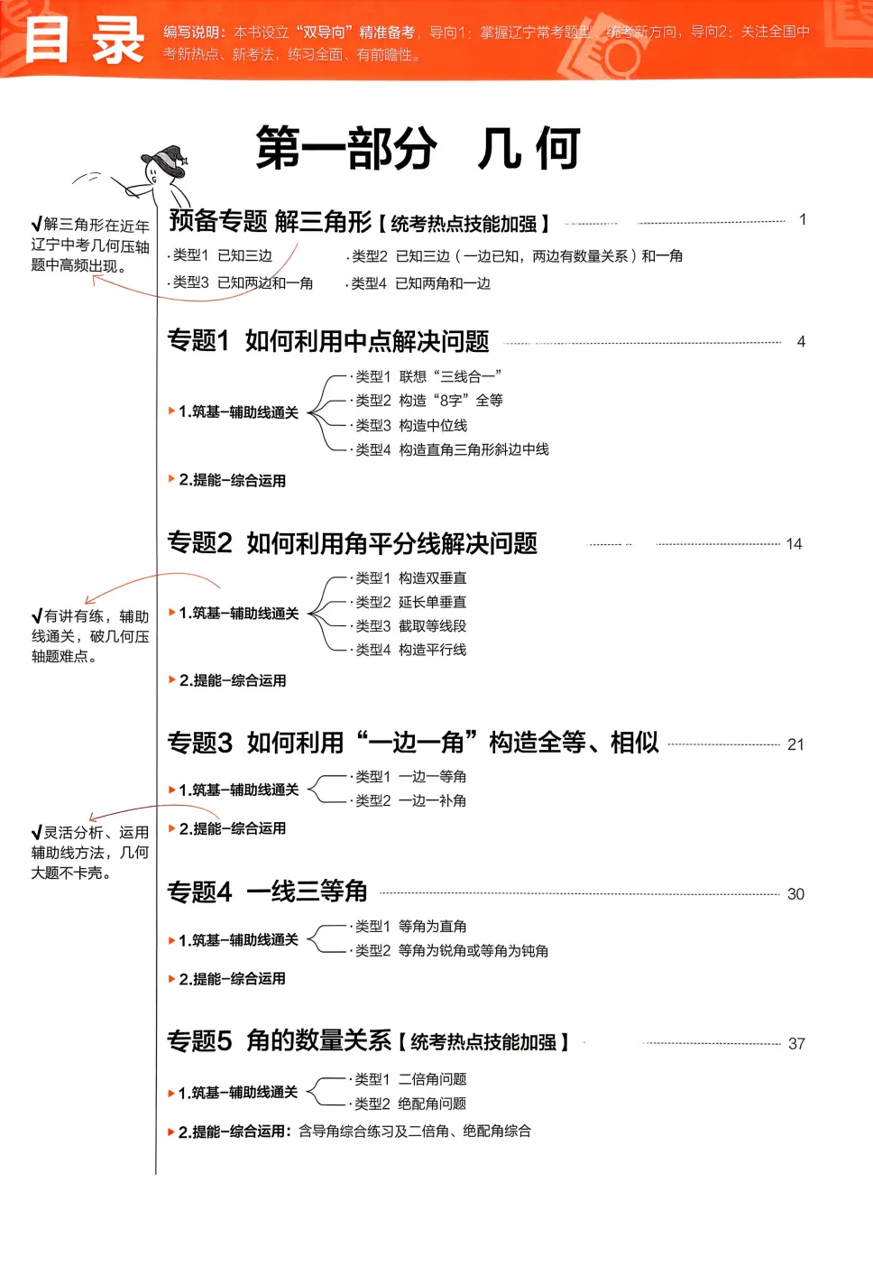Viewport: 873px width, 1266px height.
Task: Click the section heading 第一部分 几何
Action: [418, 149]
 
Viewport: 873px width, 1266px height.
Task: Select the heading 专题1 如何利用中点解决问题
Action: [328, 341]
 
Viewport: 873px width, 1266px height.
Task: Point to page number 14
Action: [794, 544]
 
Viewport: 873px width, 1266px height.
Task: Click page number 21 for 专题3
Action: [795, 744]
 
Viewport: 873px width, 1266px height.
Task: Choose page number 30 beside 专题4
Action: [795, 894]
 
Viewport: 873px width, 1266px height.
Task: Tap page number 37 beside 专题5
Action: [796, 1044]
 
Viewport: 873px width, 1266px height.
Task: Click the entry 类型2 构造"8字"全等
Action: [429, 401]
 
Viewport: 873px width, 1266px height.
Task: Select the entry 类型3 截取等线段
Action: [410, 626]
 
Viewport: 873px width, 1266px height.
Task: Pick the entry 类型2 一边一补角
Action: [410, 801]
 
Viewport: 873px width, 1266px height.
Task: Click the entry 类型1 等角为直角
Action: [410, 927]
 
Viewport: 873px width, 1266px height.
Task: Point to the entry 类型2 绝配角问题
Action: [410, 1104]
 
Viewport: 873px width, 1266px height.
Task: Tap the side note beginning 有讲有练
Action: [89, 636]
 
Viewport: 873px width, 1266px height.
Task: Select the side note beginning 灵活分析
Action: [89, 853]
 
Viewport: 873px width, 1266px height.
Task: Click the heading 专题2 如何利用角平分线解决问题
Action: [353, 543]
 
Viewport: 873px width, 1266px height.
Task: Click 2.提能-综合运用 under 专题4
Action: [232, 979]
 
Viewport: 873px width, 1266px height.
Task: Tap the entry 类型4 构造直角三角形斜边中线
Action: [452, 449]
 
